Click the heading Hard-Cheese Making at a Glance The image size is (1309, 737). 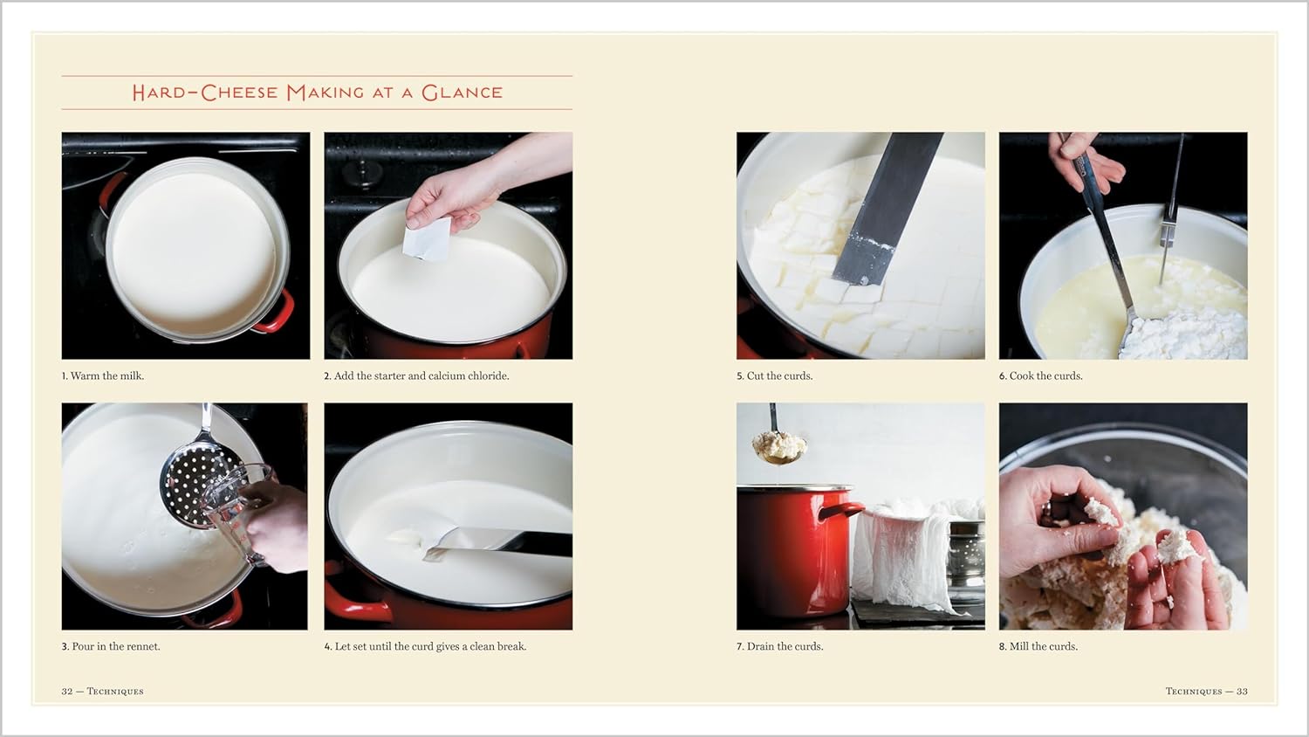(317, 93)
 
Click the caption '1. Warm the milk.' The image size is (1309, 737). (103, 376)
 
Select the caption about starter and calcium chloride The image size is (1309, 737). (416, 376)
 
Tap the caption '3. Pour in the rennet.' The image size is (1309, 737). (111, 647)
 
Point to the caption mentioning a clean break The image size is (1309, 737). (425, 647)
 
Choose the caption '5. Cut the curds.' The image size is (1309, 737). (774, 376)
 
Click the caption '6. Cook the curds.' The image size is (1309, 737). (1040, 376)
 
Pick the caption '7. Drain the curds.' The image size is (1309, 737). (779, 647)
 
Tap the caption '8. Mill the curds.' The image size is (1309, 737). (1038, 647)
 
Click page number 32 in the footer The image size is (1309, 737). (67, 692)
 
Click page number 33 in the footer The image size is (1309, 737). (1241, 692)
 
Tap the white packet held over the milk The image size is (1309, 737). (427, 238)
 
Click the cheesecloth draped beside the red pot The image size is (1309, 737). (903, 550)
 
